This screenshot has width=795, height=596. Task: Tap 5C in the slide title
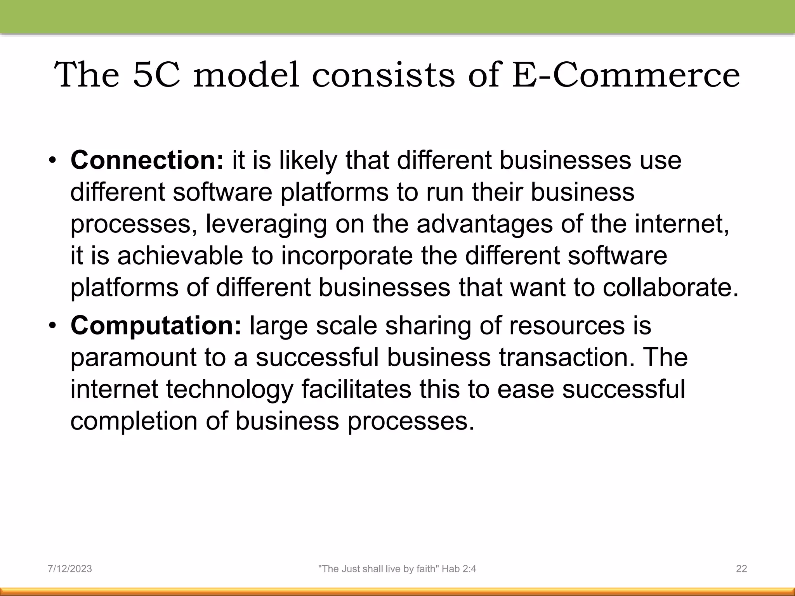point(156,74)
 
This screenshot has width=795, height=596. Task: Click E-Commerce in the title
point(626,74)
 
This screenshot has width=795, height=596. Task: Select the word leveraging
point(266,225)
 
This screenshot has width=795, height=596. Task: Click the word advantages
point(484,224)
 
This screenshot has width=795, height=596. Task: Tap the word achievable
point(180,256)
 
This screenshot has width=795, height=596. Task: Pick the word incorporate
point(347,256)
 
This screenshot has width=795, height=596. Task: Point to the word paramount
point(133,358)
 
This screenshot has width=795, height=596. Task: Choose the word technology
point(229,390)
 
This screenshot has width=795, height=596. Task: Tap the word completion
point(134,421)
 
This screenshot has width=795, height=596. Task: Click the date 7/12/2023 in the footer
point(70,569)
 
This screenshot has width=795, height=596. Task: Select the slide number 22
point(741,569)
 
